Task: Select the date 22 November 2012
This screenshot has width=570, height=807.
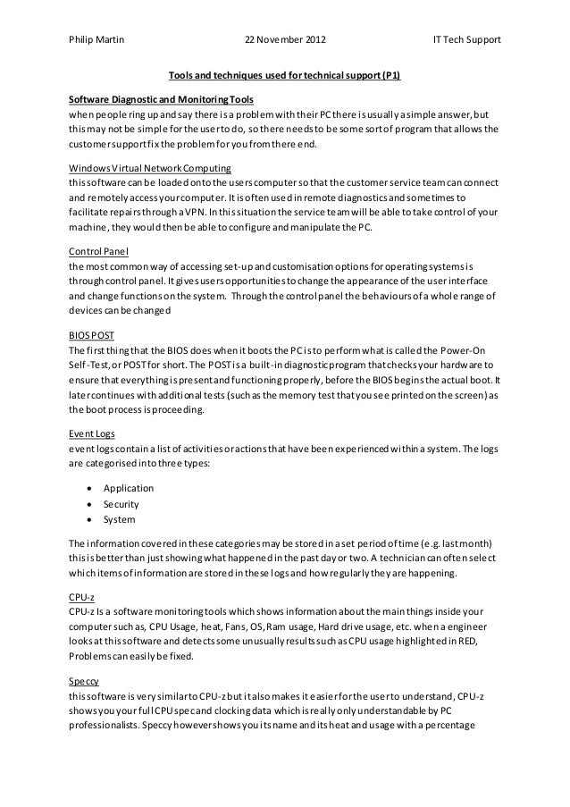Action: pos(285,40)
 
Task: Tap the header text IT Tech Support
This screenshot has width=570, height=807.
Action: pos(466,40)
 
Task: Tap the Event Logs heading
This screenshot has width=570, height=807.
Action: pos(91,433)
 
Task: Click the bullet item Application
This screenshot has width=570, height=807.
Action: pos(129,488)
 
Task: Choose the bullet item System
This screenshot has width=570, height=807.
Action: pos(119,519)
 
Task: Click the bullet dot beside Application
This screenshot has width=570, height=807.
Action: pos(89,489)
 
